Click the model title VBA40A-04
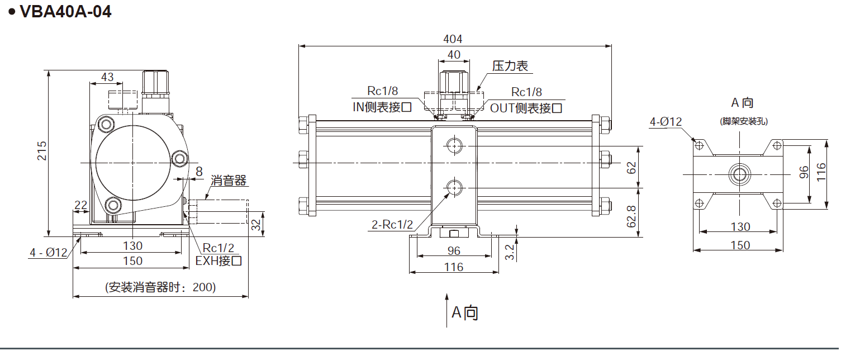pyautogui.click(x=65, y=12)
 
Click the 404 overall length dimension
pyautogui.click(x=453, y=39)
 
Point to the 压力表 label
pyautogui.click(x=510, y=65)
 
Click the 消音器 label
pyautogui.click(x=229, y=181)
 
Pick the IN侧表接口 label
pyautogui.click(x=382, y=107)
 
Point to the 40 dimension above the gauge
pyautogui.click(x=454, y=55)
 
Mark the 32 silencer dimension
pyautogui.click(x=256, y=225)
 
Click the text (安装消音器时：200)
pyautogui.click(x=160, y=287)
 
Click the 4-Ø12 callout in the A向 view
pyautogui.click(x=666, y=121)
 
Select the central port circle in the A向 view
pyautogui.click(x=738, y=174)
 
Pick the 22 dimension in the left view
pyautogui.click(x=81, y=205)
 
